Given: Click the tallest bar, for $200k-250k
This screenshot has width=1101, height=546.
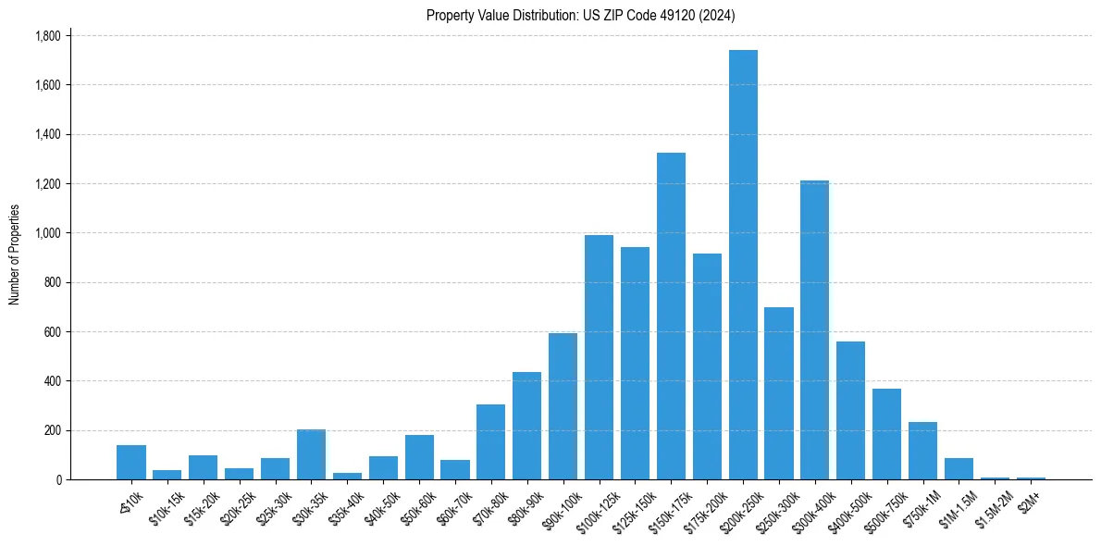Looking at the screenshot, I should click(743, 265).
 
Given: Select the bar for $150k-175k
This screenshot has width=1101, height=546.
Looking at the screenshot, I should click(671, 316).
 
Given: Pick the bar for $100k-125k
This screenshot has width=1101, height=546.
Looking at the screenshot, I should click(599, 357).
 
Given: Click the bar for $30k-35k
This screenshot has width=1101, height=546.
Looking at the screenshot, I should click(311, 454).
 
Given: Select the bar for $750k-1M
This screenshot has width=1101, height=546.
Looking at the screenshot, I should click(922, 451).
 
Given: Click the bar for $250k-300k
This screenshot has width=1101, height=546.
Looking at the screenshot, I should click(779, 393).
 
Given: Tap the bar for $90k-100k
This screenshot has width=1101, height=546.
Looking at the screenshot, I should click(563, 406).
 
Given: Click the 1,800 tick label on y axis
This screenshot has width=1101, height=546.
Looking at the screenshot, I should click(47, 36).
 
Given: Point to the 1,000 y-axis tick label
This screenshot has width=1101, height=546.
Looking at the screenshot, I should click(47, 233).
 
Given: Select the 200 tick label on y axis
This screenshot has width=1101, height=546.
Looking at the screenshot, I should click(53, 430).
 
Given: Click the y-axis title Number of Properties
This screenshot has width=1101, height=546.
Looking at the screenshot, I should click(14, 254).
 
